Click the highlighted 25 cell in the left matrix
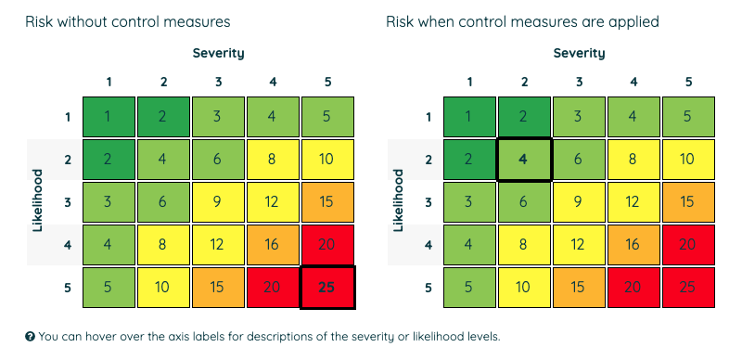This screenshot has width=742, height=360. [327, 288]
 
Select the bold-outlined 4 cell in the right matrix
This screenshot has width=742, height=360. [524, 159]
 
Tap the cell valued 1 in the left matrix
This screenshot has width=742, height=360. [109, 116]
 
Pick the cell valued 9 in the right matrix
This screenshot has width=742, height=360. [579, 201]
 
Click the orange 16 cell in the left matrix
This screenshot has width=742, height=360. [273, 245]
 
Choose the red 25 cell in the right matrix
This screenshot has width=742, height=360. [688, 288]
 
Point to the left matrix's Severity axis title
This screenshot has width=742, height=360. [218, 53]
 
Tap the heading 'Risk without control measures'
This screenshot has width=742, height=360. [128, 20]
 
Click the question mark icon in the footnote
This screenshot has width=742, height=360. [31, 336]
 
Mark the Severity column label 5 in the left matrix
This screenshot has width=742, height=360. [327, 82]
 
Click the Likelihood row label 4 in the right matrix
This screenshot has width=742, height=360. [429, 245]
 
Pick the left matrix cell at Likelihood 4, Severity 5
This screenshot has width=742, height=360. [327, 245]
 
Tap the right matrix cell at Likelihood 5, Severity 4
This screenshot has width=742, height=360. [633, 288]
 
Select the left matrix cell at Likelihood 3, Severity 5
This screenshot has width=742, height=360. [327, 201]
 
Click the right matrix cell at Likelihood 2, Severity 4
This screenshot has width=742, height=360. [633, 159]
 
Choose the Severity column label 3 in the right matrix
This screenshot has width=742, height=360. [579, 82]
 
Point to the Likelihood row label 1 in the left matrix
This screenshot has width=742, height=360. [68, 116]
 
